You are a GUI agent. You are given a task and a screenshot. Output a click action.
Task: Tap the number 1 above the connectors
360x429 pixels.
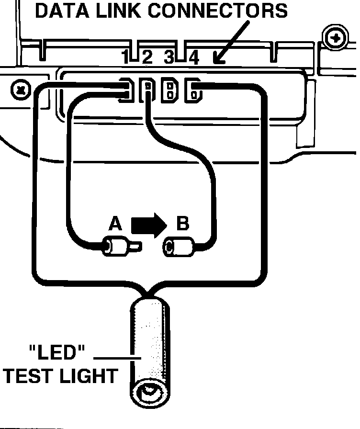coord(125,58)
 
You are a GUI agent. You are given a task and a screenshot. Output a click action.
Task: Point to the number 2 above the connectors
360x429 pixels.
coord(146,58)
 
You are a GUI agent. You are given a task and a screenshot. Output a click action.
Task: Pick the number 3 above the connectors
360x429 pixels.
coord(169,58)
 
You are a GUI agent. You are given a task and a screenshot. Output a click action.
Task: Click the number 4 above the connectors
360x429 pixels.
coord(193,58)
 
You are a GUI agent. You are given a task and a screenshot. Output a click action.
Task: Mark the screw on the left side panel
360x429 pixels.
coord(21,90)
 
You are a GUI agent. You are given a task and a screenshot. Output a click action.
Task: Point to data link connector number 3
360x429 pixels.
coord(169,90)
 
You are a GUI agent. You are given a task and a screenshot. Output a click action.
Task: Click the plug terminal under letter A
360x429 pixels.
coord(120,247)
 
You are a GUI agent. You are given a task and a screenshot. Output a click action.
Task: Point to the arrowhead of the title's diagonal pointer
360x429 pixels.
coord(218,59)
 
